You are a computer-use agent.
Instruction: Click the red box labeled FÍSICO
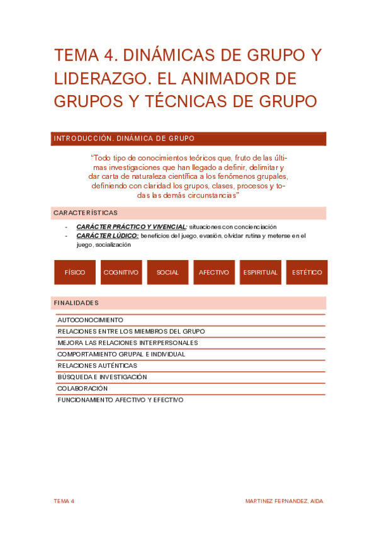75,273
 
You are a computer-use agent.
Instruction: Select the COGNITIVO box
121,273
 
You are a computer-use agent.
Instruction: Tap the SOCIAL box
167,273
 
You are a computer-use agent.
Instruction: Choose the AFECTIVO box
214,273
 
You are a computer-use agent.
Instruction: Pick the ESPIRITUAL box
260,273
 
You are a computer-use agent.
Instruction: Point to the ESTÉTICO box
307,273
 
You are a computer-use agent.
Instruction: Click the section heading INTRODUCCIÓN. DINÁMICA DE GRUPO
124,139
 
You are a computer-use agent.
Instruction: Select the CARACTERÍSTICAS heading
86,213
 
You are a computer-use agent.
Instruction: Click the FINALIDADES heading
76,303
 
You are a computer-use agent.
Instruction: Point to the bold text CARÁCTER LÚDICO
107,236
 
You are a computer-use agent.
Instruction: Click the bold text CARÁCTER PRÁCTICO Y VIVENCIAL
131,227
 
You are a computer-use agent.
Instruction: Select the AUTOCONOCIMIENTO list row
91,320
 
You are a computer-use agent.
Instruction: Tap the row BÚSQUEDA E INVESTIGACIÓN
102,377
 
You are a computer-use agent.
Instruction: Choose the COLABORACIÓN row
82,389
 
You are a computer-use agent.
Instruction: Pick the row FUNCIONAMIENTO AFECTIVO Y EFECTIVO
120,400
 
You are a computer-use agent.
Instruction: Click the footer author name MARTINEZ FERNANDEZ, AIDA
284,501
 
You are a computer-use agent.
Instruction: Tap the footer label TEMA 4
64,501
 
